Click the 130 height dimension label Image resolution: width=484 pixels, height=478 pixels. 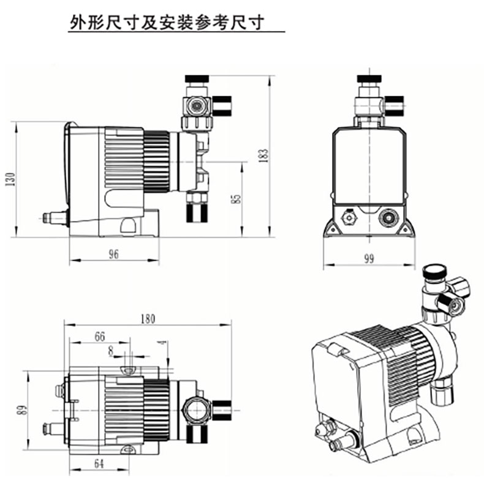9,179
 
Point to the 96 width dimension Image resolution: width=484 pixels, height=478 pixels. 113,255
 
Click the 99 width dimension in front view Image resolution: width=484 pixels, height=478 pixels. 368,259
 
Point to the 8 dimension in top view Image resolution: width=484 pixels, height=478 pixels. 110,351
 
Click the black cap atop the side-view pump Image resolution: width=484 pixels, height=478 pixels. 197,78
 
